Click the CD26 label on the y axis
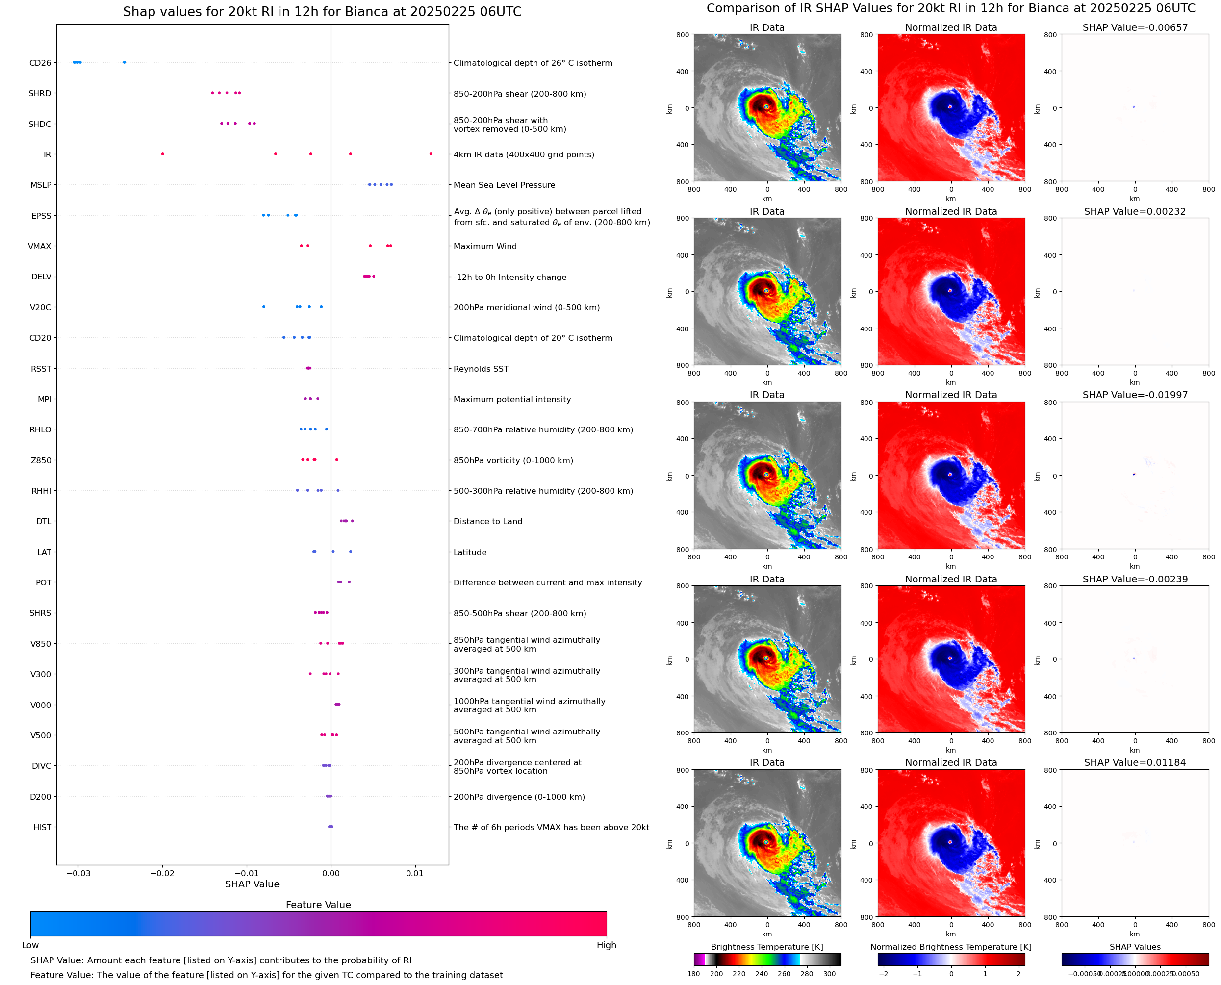40,63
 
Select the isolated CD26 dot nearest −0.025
124,62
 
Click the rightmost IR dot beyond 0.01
431,154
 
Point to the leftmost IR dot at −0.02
162,154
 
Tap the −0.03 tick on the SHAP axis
78,873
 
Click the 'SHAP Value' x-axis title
252,884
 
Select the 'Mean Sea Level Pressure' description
504,185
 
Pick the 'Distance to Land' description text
487,522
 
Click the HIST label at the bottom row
42,827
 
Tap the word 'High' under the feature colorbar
606,945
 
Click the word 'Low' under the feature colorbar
30,945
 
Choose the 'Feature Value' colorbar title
318,905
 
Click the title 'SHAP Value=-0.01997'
1135,395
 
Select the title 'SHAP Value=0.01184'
1135,762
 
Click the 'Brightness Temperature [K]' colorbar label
766,947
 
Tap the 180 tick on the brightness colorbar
694,974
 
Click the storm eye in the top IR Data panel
766,107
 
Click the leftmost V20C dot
263,307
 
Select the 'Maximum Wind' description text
484,246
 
